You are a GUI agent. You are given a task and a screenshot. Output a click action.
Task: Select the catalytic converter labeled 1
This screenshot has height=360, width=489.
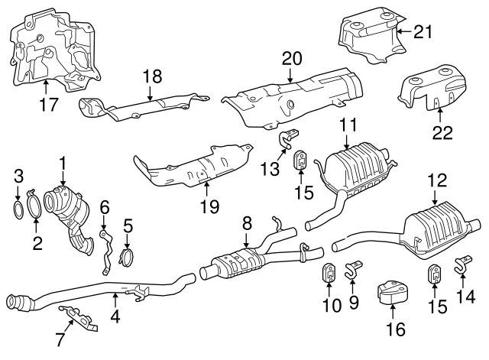[x=72, y=210]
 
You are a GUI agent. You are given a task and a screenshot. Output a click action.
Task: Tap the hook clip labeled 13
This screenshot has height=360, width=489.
[x=289, y=139]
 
